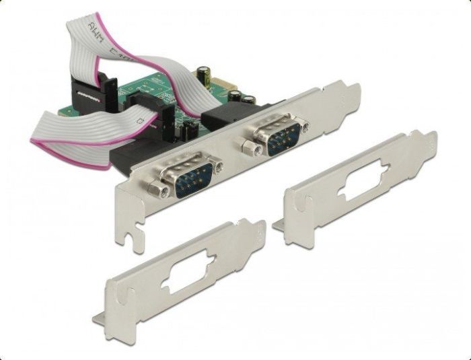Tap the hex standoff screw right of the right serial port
(305, 126)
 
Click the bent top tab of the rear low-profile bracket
(425, 138)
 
